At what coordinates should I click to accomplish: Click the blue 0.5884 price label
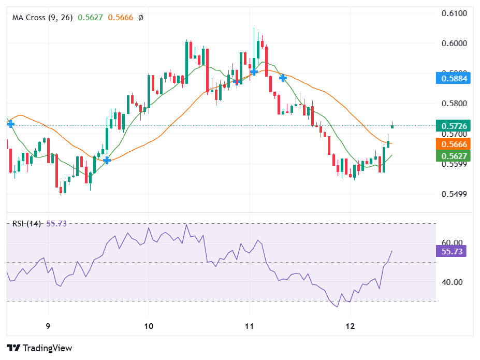click(x=455, y=79)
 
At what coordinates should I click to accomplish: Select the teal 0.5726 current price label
click(x=455, y=126)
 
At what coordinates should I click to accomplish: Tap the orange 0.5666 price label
click(x=455, y=144)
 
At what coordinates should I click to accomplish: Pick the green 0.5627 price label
click(x=455, y=155)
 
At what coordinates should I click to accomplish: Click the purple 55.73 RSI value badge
click(x=452, y=251)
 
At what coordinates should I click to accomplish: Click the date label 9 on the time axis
click(x=48, y=327)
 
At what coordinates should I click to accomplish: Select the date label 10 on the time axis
click(x=149, y=327)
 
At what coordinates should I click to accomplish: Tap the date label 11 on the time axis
click(x=250, y=327)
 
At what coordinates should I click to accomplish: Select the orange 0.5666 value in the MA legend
click(x=120, y=18)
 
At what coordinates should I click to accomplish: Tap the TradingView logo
click(x=39, y=348)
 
